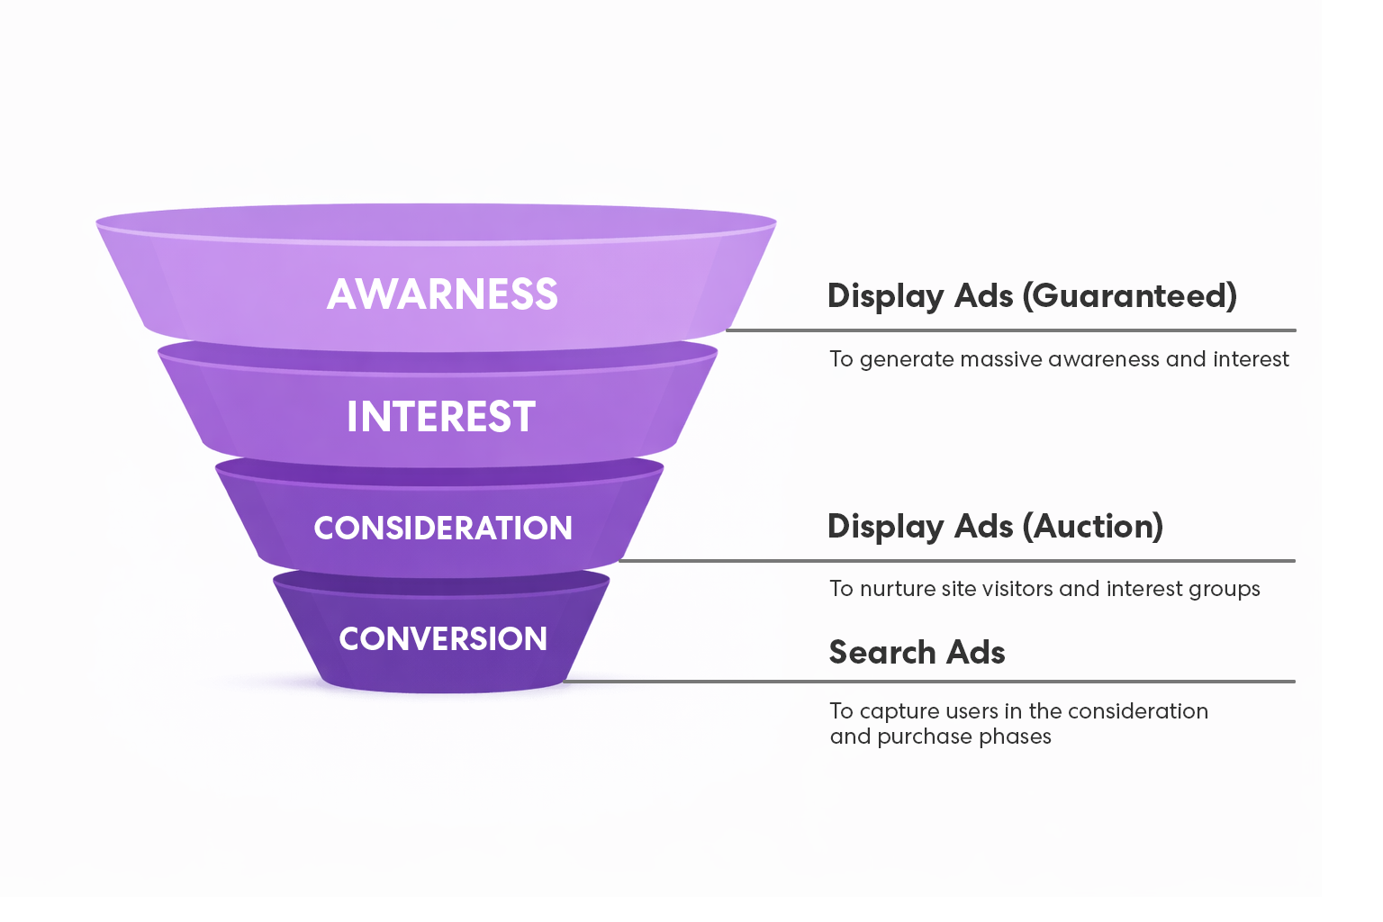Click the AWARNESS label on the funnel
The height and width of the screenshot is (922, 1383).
click(442, 294)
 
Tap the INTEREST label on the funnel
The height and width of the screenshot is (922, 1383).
click(441, 417)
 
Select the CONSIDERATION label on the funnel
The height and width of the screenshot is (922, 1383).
click(443, 528)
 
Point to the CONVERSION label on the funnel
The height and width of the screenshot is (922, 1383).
click(443, 638)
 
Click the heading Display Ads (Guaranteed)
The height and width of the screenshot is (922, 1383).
click(1032, 295)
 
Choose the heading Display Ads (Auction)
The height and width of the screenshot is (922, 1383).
click(995, 526)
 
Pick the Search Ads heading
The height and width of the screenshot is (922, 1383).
click(917, 652)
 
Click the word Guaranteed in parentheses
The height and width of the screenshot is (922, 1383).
click(1130, 295)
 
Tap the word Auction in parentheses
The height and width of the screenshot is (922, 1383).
click(1098, 526)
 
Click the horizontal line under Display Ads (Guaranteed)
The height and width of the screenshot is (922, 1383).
click(1010, 330)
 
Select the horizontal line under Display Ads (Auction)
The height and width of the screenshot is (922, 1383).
click(956, 560)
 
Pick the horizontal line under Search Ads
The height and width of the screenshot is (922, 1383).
click(927, 682)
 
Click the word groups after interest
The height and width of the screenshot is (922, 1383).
click(1224, 590)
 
